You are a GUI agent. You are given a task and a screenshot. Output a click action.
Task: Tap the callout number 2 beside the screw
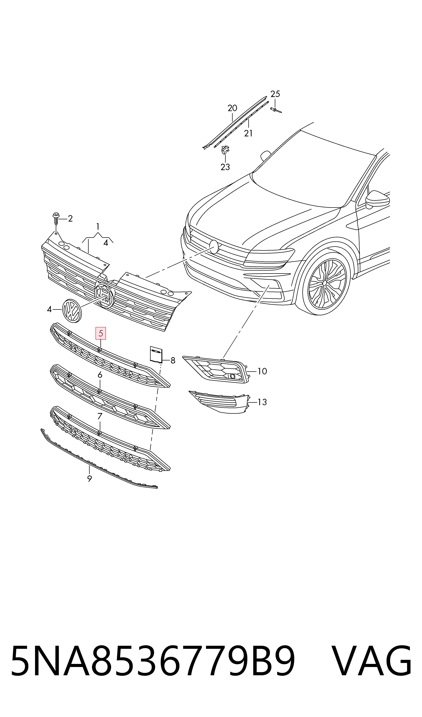(70, 219)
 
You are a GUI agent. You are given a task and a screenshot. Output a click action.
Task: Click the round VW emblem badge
(72, 311)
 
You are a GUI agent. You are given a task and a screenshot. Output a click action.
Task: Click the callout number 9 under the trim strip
(90, 479)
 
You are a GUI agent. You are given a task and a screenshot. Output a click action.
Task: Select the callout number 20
(232, 108)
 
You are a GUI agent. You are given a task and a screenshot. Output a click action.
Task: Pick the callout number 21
(248, 133)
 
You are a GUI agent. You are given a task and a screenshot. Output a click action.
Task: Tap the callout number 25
(275, 94)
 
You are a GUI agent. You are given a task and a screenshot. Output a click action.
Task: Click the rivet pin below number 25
(276, 110)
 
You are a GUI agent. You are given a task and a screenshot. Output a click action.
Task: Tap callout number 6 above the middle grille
(100, 375)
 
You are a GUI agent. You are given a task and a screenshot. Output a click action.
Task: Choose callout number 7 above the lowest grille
(100, 416)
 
